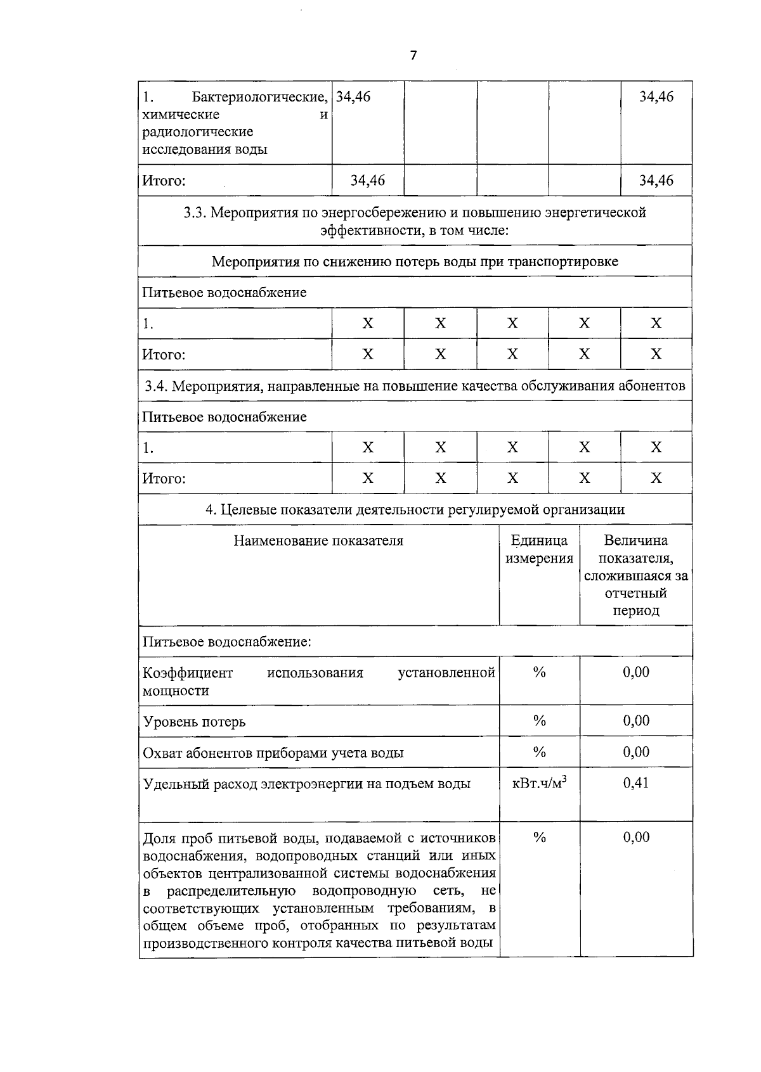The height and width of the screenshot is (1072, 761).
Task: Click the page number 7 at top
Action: (413, 56)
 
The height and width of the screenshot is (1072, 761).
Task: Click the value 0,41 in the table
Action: (635, 782)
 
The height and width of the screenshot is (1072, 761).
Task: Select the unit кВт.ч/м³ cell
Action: (539, 783)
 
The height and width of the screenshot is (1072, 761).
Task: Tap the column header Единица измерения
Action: (539, 549)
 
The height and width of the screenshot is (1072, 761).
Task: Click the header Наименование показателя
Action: (318, 541)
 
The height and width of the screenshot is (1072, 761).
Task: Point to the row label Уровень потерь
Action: (194, 722)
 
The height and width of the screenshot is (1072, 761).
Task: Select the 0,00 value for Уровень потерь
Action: (635, 720)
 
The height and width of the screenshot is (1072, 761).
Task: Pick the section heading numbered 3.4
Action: (415, 386)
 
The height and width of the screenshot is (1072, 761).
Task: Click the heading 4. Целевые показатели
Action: (415, 509)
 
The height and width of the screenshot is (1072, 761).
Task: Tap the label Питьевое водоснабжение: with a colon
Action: (227, 642)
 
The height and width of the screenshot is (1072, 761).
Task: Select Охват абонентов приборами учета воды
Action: (273, 753)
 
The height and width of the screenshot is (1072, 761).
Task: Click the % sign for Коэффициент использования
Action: (539, 673)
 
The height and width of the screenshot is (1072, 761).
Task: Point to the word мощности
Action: (176, 691)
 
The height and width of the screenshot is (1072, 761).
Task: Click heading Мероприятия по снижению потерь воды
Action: (415, 261)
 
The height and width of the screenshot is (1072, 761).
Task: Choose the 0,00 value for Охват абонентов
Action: (635, 752)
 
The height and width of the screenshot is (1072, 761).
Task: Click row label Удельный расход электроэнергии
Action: (307, 784)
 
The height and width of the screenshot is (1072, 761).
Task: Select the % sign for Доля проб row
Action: (539, 838)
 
